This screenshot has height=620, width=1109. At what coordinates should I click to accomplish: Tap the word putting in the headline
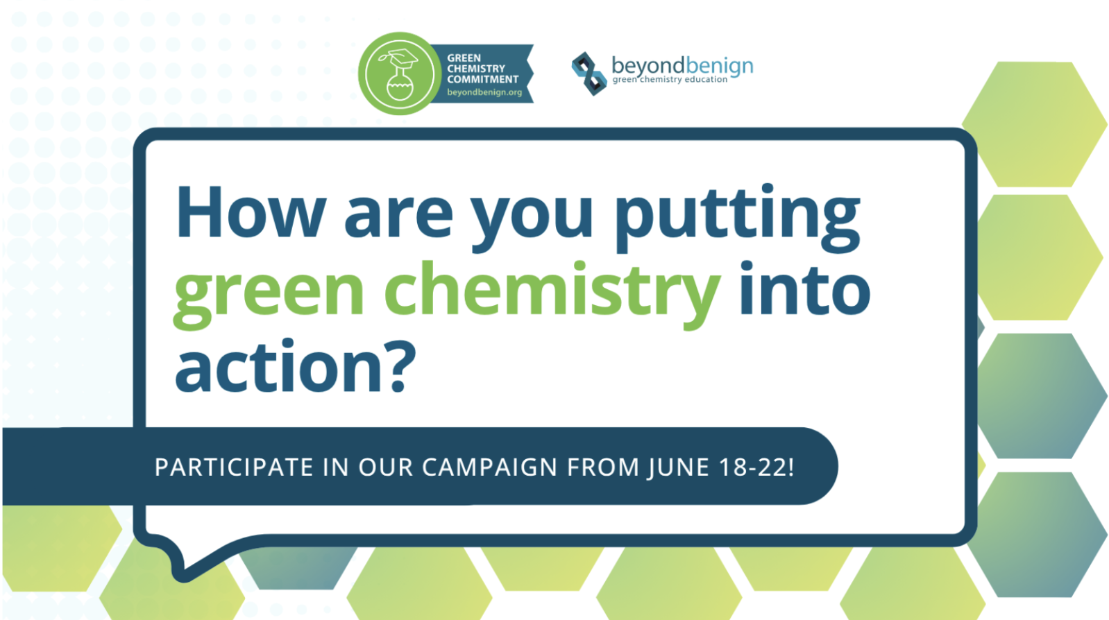[738, 218]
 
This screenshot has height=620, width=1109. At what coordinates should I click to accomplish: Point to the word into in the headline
[804, 289]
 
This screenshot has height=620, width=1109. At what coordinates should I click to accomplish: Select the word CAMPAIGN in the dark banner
[490, 467]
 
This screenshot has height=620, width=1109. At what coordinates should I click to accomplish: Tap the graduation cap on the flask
[402, 58]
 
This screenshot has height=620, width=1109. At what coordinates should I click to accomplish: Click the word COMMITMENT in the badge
[483, 79]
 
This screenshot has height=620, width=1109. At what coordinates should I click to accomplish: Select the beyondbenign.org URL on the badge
[484, 92]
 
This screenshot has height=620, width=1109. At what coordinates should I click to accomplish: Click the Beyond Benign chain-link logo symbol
[589, 74]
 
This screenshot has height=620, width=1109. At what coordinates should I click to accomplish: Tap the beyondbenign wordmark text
[682, 66]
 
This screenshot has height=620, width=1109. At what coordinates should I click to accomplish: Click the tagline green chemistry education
[670, 79]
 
